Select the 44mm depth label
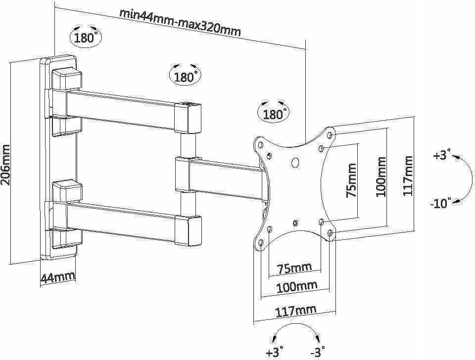pos(57,278)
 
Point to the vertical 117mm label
pos(408,176)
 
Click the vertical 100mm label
pos(381,177)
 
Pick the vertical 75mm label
pos(351,180)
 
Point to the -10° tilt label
pos(441,203)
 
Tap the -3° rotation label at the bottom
pos(317,352)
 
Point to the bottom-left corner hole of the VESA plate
pos(261,242)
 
